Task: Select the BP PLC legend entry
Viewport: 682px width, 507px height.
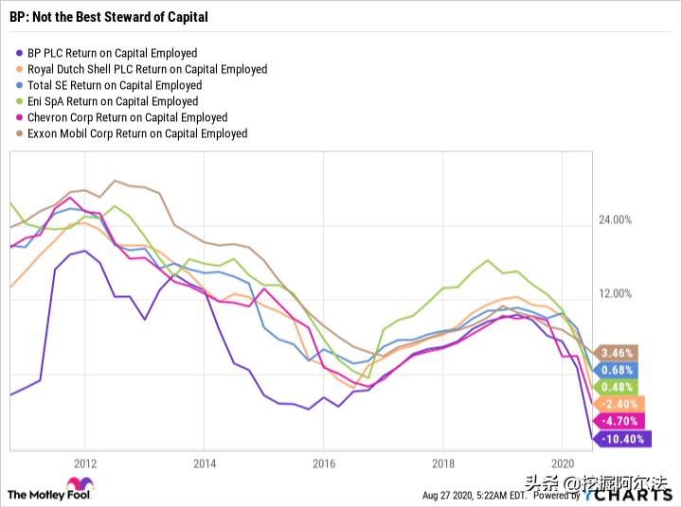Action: click(112, 53)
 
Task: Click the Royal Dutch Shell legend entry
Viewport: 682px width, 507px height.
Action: click(147, 69)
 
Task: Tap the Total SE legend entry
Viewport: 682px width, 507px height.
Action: click(113, 85)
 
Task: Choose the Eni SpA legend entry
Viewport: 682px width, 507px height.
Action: click(113, 101)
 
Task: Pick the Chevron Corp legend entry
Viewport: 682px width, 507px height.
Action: click(127, 117)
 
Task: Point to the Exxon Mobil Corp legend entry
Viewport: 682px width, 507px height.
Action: click(137, 133)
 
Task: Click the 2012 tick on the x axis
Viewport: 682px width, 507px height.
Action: click(85, 464)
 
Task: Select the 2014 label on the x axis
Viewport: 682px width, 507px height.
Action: click(204, 464)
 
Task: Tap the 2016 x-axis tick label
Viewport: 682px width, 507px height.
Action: click(323, 464)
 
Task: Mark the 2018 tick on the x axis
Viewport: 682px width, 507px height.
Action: click(442, 464)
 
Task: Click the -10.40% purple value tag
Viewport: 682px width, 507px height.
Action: click(621, 439)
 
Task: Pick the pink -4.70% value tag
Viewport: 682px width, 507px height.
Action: click(620, 421)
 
